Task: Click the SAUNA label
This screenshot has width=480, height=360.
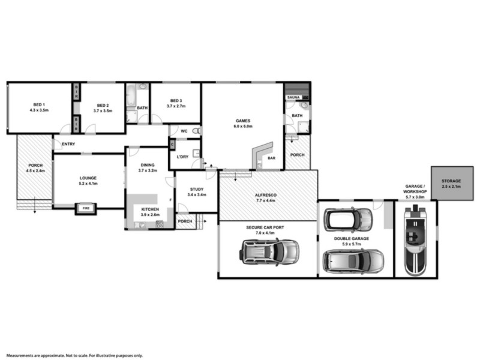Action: click(293, 97)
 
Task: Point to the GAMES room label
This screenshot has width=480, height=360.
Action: click(243, 121)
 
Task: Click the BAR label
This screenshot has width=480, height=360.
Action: click(271, 158)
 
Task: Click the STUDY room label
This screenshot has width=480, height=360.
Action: click(196, 189)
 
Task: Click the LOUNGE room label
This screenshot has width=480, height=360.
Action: click(88, 178)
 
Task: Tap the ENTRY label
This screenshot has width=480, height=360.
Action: click(68, 143)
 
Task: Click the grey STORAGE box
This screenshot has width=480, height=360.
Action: click(451, 183)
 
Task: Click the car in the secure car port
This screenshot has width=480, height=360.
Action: click(270, 251)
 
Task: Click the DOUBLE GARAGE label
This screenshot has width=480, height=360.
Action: click(351, 238)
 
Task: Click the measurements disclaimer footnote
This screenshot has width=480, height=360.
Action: click(75, 355)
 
